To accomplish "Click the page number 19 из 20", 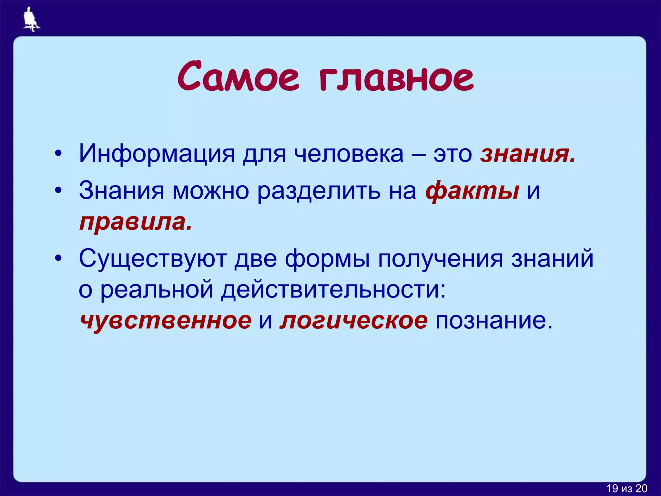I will pyautogui.click(x=626, y=488).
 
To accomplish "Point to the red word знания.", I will pyautogui.click(x=527, y=154).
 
